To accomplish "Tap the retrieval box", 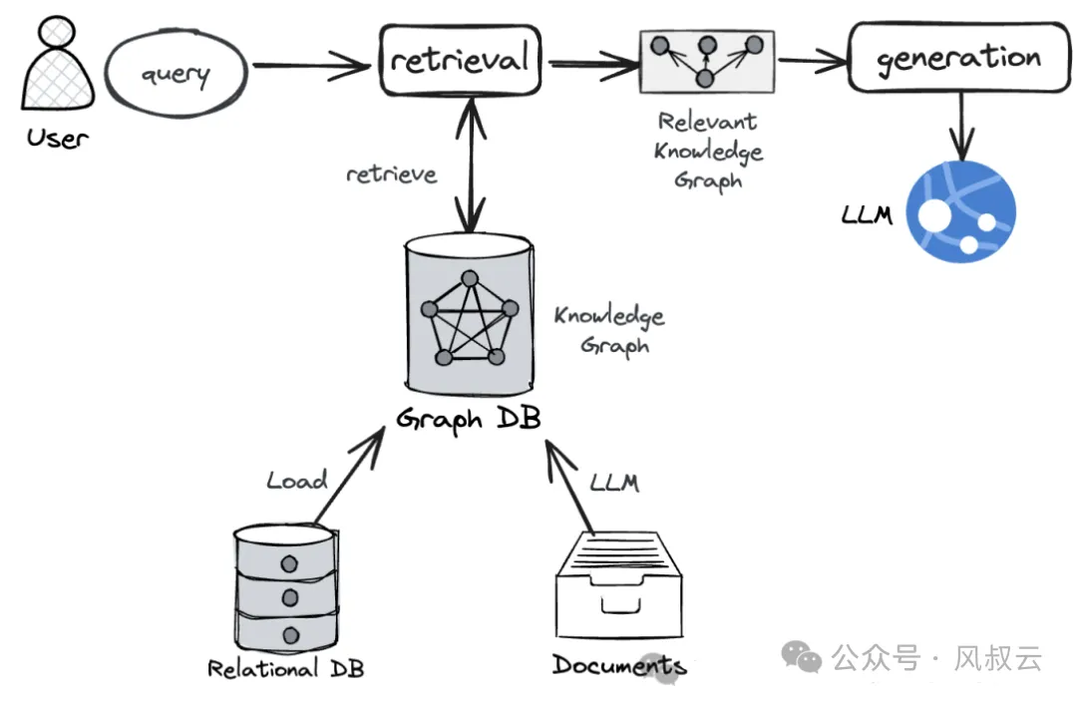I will (x=460, y=61).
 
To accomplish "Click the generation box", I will (x=958, y=58).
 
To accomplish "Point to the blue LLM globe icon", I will (x=960, y=211).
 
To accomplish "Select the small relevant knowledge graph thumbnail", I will (x=707, y=61).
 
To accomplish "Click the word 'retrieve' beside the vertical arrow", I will (x=391, y=175).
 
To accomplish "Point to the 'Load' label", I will (x=296, y=481).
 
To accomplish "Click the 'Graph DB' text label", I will (x=469, y=419).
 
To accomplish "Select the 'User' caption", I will (x=57, y=138).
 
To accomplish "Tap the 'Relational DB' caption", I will (x=285, y=668).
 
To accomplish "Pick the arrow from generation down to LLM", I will (x=959, y=125).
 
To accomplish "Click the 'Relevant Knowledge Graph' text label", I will (x=708, y=152).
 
